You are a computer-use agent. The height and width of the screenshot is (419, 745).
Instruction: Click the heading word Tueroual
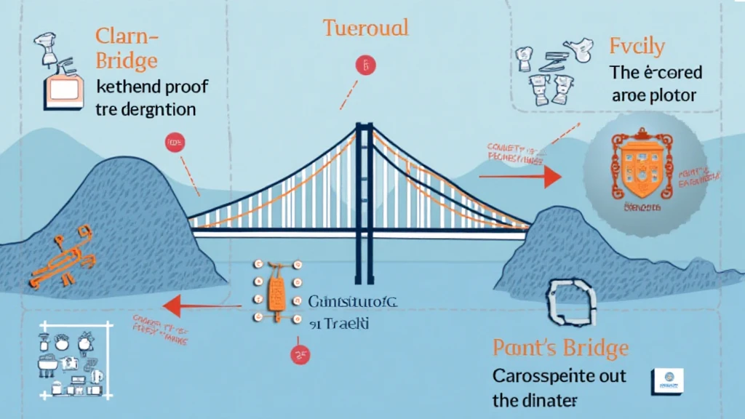[365, 28]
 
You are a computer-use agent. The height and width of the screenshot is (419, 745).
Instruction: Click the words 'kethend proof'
[151, 88]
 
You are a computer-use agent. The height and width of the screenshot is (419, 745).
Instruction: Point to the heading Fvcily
[637, 47]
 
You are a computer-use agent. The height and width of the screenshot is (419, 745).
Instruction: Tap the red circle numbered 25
[299, 356]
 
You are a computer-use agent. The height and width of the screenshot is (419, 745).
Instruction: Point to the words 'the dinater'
[535, 399]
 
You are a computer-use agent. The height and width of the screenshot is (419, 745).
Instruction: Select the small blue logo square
[666, 379]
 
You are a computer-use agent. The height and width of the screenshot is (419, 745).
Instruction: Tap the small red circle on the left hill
[175, 143]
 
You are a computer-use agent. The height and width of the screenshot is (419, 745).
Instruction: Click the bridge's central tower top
[364, 129]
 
